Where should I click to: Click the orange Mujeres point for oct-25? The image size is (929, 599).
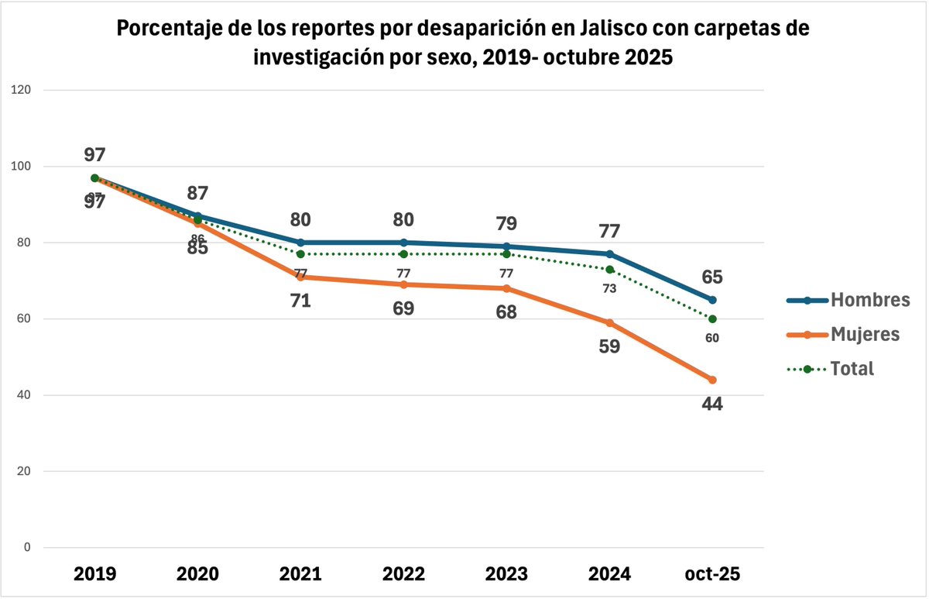(712, 380)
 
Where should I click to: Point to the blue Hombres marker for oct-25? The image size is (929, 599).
(712, 300)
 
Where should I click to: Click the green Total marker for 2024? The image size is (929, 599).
(609, 270)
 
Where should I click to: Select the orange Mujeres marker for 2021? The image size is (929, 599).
(300, 277)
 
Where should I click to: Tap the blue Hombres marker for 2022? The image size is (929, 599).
(403, 243)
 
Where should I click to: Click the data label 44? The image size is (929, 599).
(711, 404)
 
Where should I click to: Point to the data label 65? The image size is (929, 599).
(711, 277)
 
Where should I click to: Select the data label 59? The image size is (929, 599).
(609, 346)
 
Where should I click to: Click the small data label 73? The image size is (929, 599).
(609, 288)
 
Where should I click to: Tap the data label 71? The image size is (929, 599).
(300, 300)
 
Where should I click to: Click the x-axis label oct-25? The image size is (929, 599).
(712, 574)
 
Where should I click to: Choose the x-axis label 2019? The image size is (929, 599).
(94, 574)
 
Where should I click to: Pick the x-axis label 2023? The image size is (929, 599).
(506, 574)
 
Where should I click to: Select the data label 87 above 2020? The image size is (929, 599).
(197, 194)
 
